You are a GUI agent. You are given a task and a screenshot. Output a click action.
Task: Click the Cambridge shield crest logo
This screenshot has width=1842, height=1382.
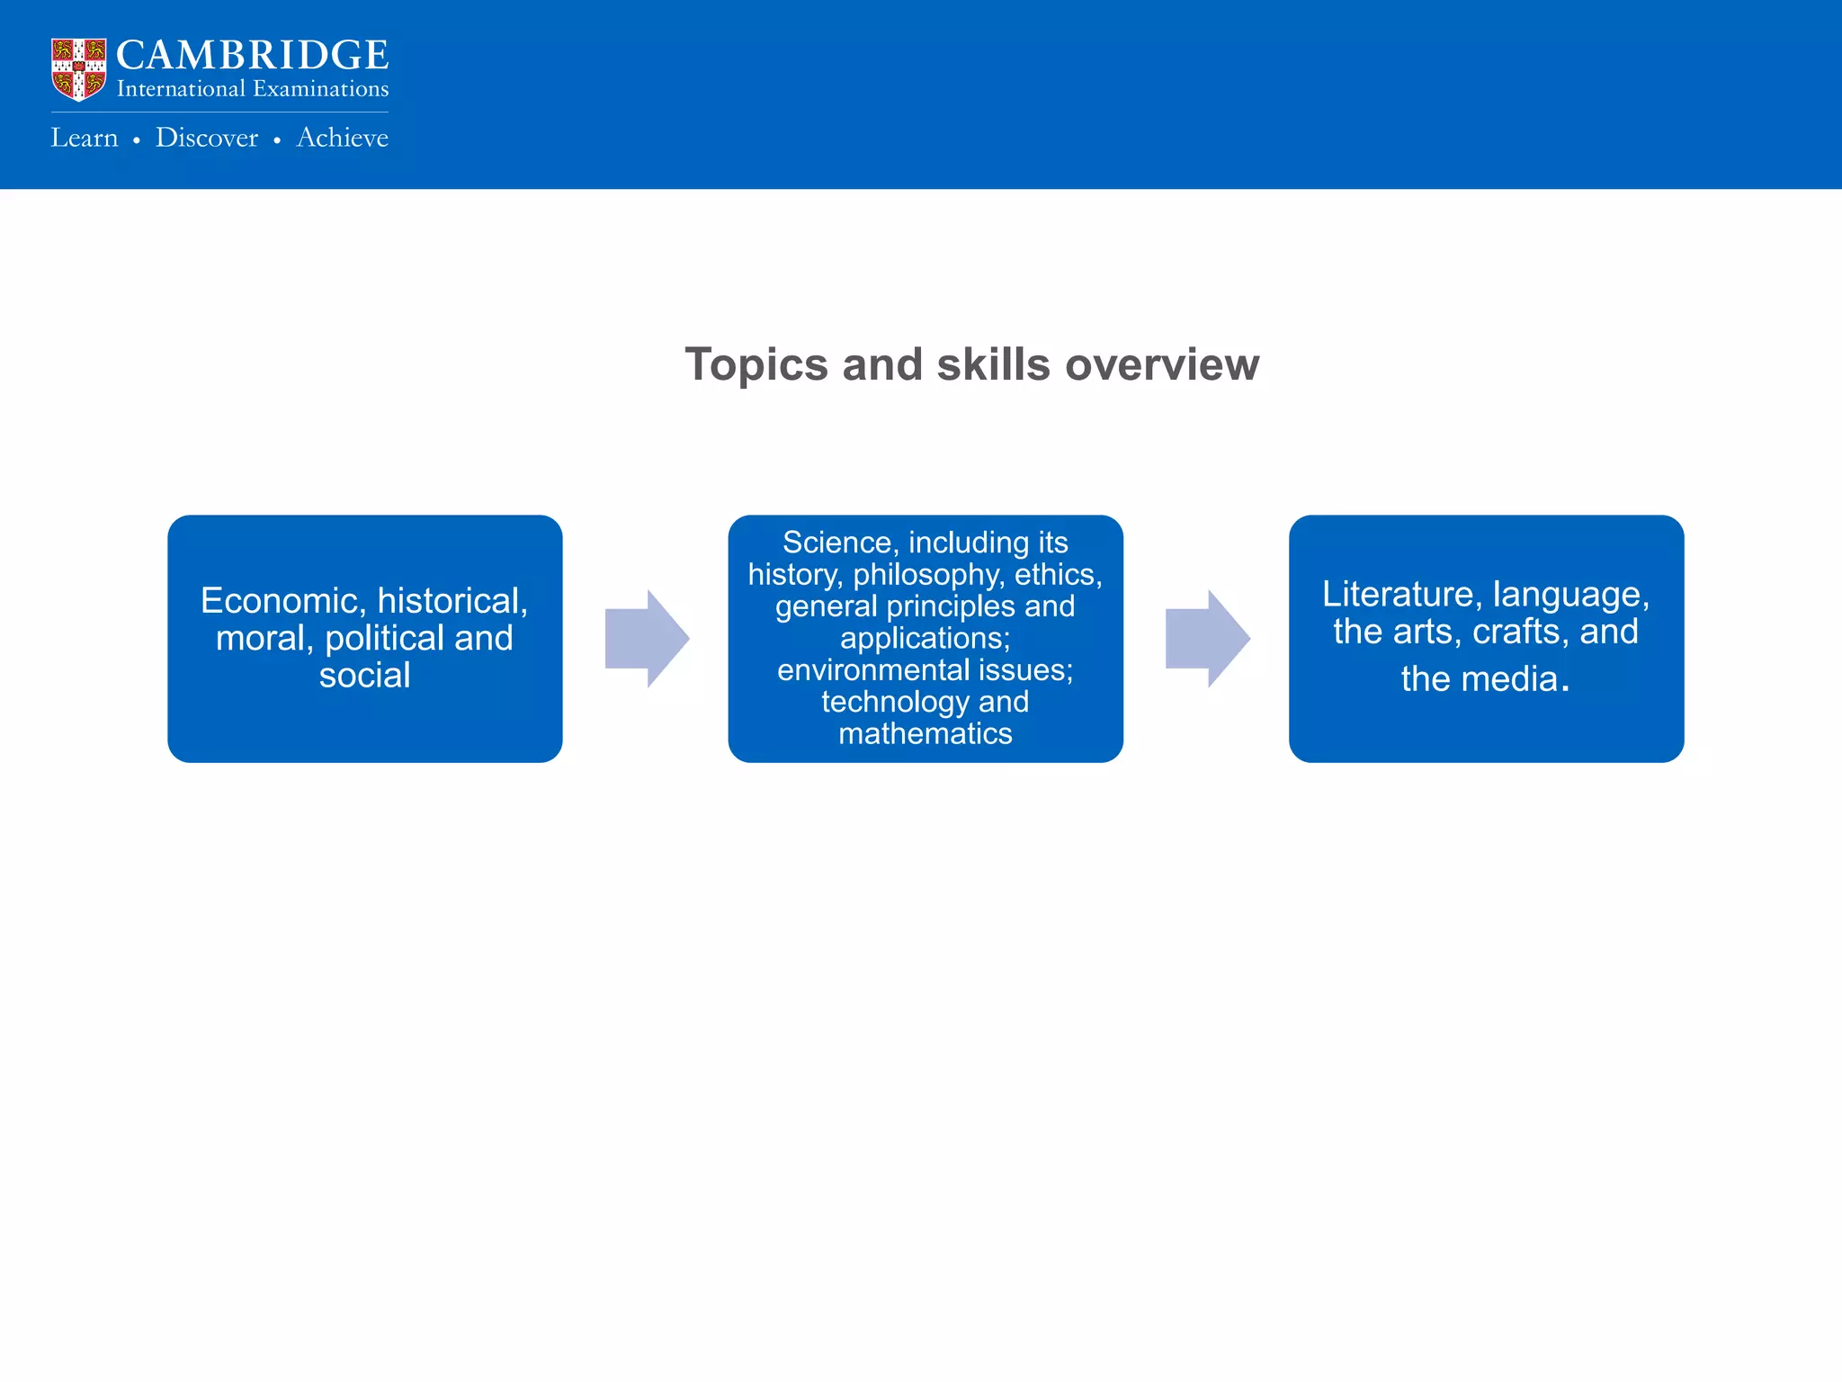[79, 69]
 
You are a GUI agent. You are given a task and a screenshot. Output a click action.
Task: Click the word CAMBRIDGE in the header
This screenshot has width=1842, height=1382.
[252, 56]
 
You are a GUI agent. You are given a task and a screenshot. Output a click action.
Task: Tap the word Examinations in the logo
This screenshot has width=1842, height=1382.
[320, 89]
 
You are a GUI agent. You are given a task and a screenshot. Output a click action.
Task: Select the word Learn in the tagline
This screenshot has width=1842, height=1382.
[85, 138]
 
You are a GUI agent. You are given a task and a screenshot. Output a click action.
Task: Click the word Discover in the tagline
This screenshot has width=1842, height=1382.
[206, 138]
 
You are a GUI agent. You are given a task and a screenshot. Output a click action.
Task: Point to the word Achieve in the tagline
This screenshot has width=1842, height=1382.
[342, 138]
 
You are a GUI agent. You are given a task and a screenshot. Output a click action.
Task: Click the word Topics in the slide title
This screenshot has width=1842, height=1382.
[756, 365]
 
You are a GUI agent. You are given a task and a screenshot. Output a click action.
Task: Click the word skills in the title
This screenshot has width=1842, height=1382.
[994, 365]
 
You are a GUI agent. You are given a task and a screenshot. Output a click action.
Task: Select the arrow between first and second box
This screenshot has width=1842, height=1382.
[647, 639]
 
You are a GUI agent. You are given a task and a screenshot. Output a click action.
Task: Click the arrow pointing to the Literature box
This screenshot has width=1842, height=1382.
[1207, 639]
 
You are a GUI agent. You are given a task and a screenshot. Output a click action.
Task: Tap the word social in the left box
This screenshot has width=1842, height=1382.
[364, 676]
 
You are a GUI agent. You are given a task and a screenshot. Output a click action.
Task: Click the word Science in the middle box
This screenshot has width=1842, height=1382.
[836, 543]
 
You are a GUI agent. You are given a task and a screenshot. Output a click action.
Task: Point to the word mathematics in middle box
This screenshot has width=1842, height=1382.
[925, 734]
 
